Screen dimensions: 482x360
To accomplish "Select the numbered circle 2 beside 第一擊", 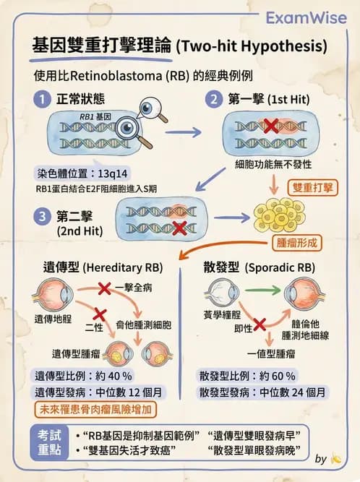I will coord(214,98).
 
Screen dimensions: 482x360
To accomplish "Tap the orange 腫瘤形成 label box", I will coord(293,242).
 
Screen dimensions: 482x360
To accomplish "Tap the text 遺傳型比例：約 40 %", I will coord(83,376).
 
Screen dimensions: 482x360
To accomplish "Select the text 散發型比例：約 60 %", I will coord(247,376).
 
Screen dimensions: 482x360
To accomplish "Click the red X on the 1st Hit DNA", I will coord(270,126).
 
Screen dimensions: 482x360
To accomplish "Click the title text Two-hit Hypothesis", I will coord(251,47).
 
